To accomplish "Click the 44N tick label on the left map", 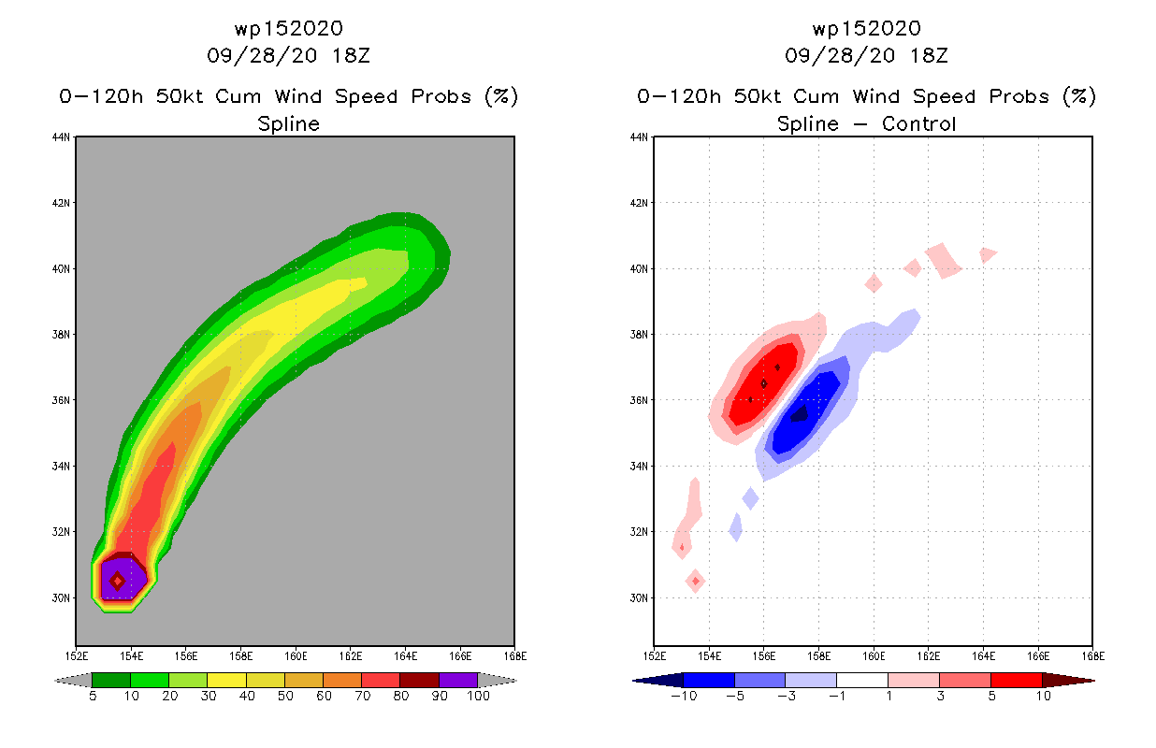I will coord(63,137).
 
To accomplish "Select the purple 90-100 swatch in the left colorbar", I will coord(458,680).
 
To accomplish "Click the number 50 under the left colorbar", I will coord(283,697).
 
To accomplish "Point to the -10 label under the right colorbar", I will coord(683,697).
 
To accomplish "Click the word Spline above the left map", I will coord(288,123).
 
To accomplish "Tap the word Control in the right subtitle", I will coord(918,123).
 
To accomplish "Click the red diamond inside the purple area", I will coord(117,581).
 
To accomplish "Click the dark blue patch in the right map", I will coord(800,413).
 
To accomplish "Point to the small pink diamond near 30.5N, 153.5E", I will coord(695,581).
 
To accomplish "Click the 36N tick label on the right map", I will coord(641,400).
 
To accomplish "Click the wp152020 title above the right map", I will coord(866,28).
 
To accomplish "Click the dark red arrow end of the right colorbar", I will coord(1067,680).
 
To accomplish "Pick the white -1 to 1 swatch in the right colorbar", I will coord(861,680).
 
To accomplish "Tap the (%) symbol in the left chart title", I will coord(500,96).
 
